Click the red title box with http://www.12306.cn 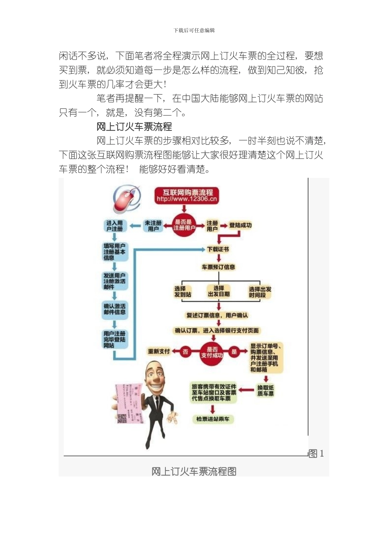click(187, 195)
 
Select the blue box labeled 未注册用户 click(153, 226)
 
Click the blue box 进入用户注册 click(115, 226)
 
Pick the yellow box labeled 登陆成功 click(240, 225)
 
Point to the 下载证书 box click(218, 249)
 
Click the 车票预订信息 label click(219, 267)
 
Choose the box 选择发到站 click(182, 292)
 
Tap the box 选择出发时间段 click(260, 292)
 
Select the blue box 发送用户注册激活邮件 click(115, 281)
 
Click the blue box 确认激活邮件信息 click(115, 309)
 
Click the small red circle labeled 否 click(186, 351)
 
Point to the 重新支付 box click(159, 351)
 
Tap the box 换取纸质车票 click(265, 391)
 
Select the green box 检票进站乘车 click(213, 419)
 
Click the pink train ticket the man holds click(128, 403)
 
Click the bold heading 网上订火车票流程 click(134, 127)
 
